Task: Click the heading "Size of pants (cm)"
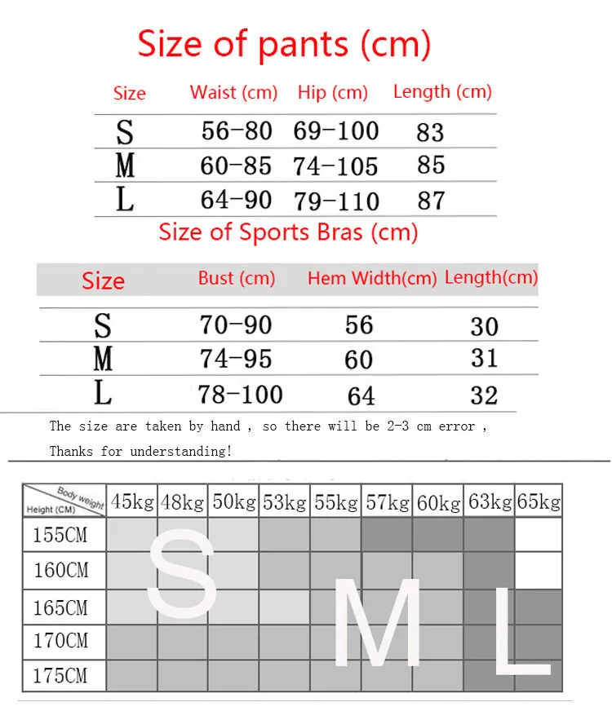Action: coord(283,43)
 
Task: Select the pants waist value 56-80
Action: coord(237,130)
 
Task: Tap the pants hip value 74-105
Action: coord(335,166)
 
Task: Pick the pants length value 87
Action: coord(431,201)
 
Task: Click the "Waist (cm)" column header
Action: coord(234,92)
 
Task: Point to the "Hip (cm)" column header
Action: coord(333,92)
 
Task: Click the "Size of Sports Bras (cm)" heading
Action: coord(288,232)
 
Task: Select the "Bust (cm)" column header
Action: coord(237,278)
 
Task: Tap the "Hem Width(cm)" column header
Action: coord(372,278)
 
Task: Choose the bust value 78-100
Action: coord(240,395)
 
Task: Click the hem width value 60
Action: coord(359,360)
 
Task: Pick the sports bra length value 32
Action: coord(484,395)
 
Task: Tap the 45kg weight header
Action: coord(132,501)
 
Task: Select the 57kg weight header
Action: coord(387,501)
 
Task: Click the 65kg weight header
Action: coord(539,501)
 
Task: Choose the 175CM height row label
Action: coord(60,676)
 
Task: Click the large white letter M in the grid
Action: coord(378,624)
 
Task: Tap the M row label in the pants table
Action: coord(125,166)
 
